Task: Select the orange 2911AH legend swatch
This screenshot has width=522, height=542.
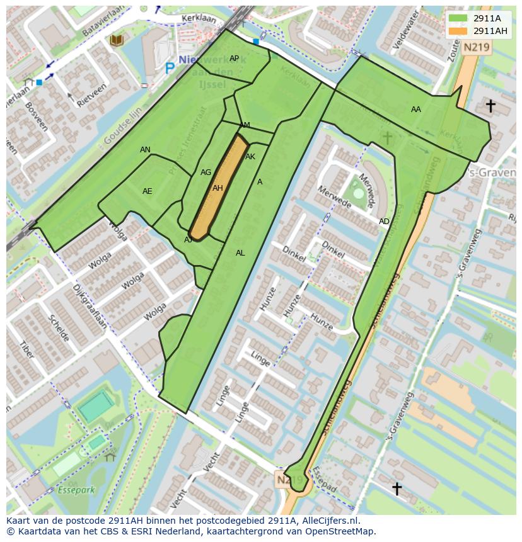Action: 458,31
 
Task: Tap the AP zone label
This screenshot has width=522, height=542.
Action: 234,59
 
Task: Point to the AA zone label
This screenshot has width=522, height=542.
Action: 415,110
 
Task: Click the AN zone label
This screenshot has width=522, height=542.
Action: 145,150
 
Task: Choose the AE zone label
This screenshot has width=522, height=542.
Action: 147,191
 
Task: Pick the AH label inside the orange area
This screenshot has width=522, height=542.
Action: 217,188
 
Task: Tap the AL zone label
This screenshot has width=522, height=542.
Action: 240,253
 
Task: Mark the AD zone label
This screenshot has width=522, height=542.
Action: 384,222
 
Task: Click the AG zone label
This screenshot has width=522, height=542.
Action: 206,172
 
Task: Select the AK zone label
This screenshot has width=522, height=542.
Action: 250,157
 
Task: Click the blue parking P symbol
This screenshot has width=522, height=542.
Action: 169,67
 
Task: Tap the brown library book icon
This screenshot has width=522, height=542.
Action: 116,40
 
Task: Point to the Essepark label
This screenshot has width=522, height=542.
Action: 75,490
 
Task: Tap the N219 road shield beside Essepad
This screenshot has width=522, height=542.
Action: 286,480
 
